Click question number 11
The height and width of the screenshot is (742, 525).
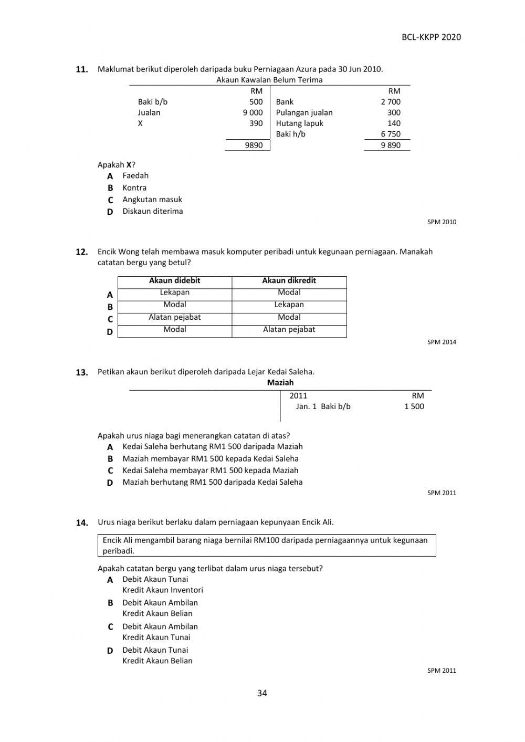point(81,69)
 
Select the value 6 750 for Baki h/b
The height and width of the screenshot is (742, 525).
point(391,134)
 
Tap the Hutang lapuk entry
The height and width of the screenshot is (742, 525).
point(299,123)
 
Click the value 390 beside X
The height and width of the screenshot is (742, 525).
point(256,123)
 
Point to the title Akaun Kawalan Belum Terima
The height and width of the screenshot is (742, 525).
point(269,80)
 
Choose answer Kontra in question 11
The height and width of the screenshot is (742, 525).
point(134,187)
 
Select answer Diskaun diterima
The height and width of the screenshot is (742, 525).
point(152,211)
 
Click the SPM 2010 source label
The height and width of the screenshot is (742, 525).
point(442,222)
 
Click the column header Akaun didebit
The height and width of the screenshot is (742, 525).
point(174,281)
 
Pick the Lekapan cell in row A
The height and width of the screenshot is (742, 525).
point(174,292)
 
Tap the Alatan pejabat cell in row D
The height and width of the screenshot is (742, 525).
point(289,330)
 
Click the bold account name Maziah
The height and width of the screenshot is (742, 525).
point(280,383)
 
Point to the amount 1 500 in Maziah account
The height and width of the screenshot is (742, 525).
point(414,406)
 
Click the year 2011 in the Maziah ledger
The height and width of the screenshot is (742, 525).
point(298,396)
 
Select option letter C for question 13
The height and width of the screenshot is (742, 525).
point(110,471)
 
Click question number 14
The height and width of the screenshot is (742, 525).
point(81,522)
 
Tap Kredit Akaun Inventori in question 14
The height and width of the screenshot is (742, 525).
point(162,590)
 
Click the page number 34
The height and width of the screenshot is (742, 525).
point(262,693)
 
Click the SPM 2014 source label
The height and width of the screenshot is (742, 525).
point(442,342)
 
